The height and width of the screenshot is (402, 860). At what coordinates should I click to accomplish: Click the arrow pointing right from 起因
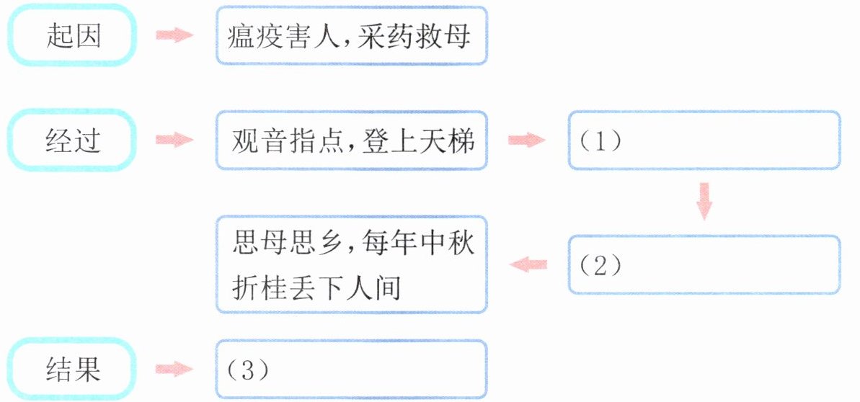point(175,35)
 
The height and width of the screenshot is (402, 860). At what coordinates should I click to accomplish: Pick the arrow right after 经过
point(175,140)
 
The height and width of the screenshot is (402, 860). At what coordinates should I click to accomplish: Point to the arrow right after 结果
point(175,370)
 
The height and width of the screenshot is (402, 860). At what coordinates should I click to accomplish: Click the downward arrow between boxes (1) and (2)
point(704,202)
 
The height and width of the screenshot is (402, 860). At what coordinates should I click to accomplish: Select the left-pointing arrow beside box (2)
point(528,265)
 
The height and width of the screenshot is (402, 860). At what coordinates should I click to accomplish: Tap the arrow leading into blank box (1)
point(527,140)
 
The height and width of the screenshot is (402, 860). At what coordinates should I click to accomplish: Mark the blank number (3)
point(249,370)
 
